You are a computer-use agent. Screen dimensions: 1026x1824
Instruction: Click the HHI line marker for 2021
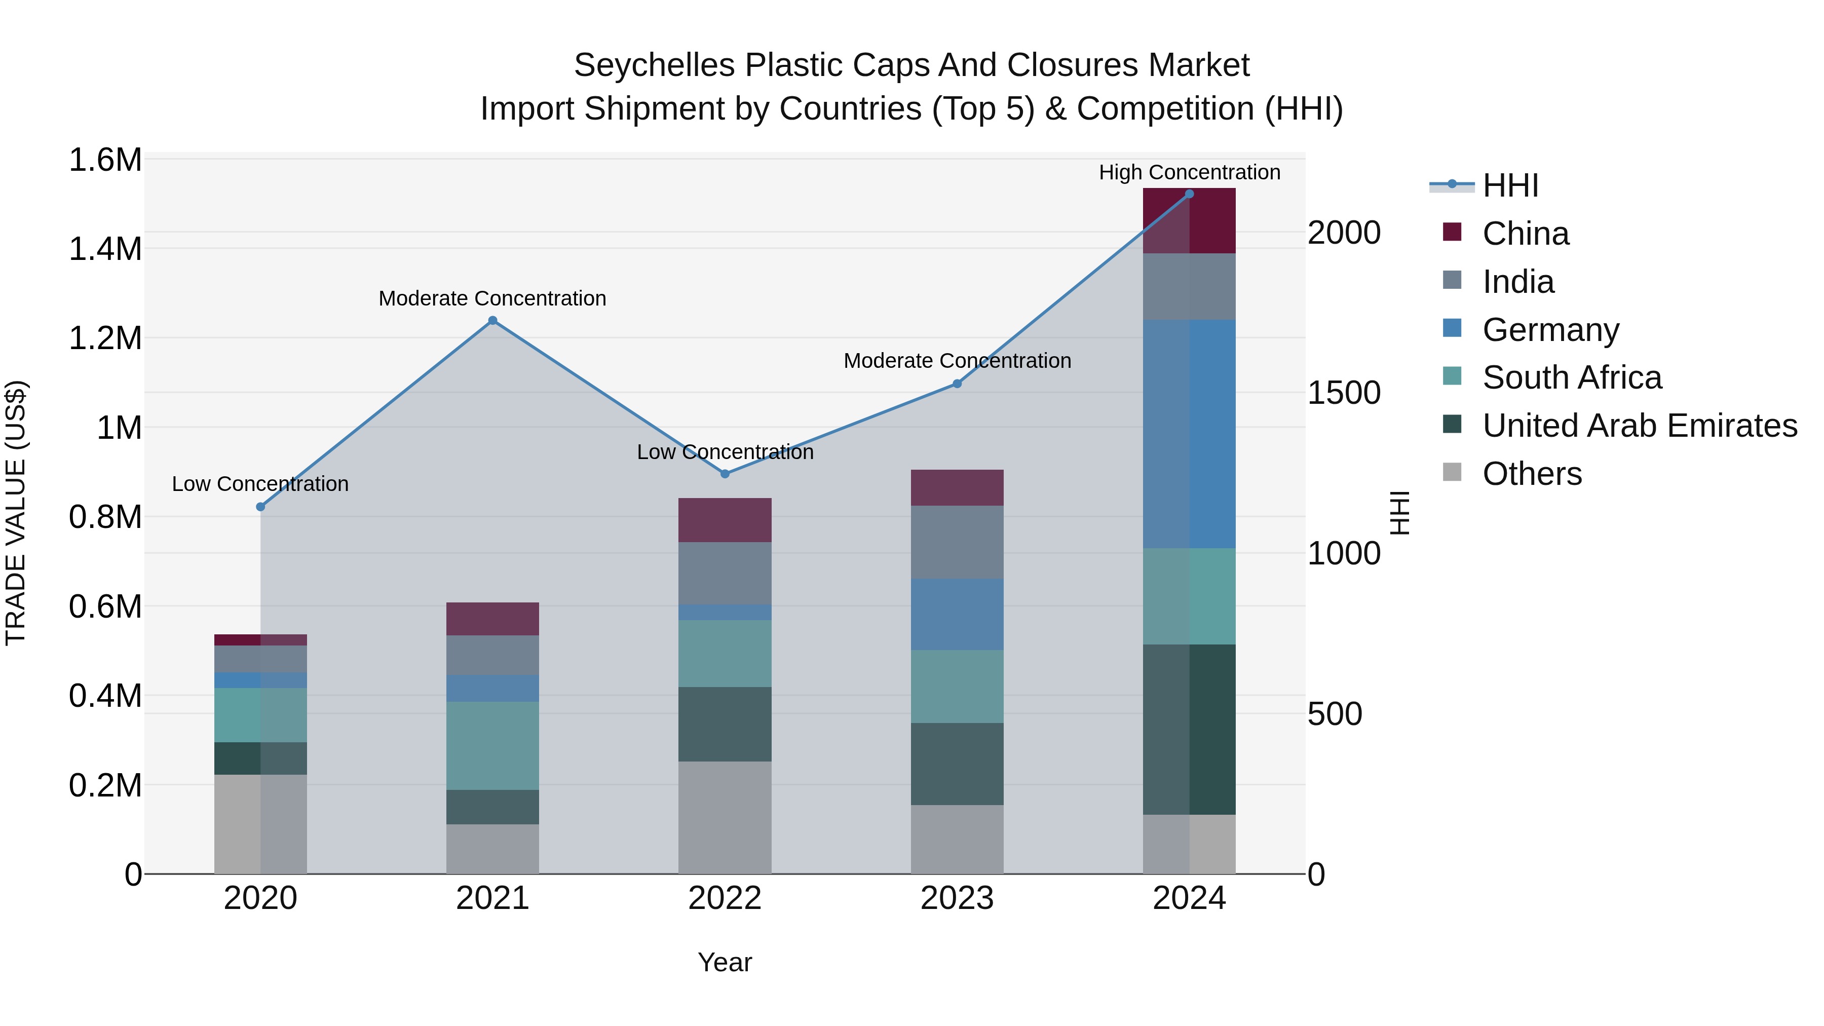coord(493,321)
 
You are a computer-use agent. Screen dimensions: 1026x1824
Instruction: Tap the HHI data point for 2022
coord(725,474)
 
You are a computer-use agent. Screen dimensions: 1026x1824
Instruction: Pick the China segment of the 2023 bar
coord(957,487)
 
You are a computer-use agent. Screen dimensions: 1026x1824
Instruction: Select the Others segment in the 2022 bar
coord(725,817)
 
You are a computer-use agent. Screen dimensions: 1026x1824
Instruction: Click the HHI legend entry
coord(1510,185)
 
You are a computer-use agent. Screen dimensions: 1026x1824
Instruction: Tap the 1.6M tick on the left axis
coord(105,160)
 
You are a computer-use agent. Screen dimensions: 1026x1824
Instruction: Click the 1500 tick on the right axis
coord(1343,393)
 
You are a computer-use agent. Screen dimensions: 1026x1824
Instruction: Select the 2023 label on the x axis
coord(957,898)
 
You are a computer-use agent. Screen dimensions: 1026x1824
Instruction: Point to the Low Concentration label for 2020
coord(260,484)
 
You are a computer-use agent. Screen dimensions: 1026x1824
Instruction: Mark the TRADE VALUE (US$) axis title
coord(16,513)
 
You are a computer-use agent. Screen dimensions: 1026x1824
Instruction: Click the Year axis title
coord(725,962)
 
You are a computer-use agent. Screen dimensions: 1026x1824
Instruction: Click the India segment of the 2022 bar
coord(725,573)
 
